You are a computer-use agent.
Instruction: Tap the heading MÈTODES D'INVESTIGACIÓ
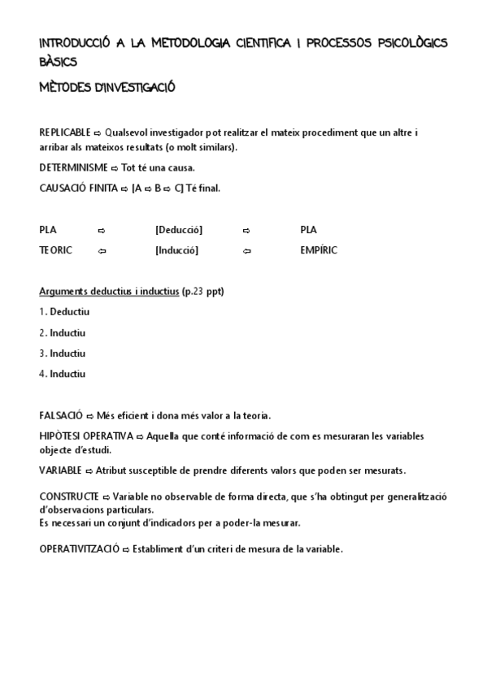pos(107,87)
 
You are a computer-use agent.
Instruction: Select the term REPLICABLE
pos(65,132)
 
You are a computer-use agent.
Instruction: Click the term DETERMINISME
pos(73,167)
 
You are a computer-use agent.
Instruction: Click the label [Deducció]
pos(179,230)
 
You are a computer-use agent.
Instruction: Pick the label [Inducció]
pos(176,250)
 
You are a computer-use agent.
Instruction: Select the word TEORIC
pos(56,250)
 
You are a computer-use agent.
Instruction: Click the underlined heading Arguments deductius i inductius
pos(109,292)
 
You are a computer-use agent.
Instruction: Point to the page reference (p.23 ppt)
pos(203,292)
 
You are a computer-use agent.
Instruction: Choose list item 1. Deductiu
pos(64,312)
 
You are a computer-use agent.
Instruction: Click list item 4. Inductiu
pos(63,374)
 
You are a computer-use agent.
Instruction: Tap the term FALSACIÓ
pos(61,415)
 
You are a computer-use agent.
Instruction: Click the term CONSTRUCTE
pos(69,496)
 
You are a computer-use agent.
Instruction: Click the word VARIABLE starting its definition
pos(60,470)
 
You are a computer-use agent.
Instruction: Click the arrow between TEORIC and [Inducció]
pos(102,251)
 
